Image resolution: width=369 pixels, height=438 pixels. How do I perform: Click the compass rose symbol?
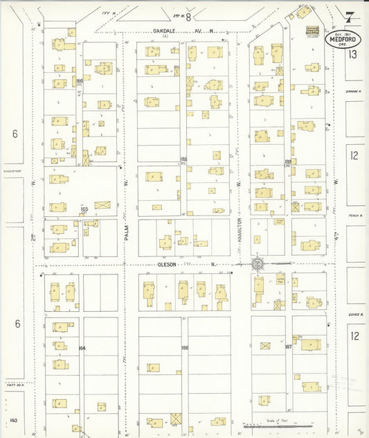pyautogui.click(x=257, y=263)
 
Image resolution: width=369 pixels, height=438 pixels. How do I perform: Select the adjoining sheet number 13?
pyautogui.click(x=353, y=54)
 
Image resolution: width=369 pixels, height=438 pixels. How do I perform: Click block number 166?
pyautogui.click(x=80, y=81)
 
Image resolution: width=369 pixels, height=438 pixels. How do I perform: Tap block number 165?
pyautogui.click(x=84, y=209)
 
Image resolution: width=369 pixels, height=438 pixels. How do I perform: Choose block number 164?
pyautogui.click(x=81, y=348)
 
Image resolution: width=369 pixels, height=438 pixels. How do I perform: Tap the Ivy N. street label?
pyautogui.click(x=105, y=12)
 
